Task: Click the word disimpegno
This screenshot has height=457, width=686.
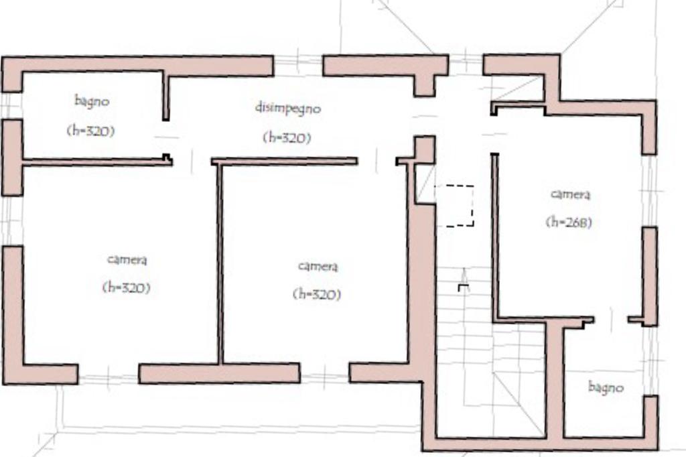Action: click(287, 108)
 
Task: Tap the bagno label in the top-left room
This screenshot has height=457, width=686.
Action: click(91, 101)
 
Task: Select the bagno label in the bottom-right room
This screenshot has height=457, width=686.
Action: click(606, 387)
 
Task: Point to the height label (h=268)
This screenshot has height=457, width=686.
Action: click(569, 222)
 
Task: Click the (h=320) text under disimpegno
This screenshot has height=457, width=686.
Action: click(287, 138)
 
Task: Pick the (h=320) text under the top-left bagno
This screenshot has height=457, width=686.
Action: click(90, 131)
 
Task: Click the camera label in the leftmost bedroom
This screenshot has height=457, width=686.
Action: click(127, 259)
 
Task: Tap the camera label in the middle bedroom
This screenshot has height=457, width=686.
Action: click(318, 266)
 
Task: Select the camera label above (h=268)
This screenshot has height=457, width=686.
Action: click(570, 194)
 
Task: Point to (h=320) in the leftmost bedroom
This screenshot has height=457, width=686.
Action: click(127, 287)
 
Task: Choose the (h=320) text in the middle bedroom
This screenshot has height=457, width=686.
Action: click(317, 294)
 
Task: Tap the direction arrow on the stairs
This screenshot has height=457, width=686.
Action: click(464, 280)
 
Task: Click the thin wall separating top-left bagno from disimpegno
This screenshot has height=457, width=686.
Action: click(166, 95)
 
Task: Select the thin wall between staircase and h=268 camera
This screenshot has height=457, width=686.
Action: click(495, 238)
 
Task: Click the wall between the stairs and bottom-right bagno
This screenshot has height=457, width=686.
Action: click(555, 380)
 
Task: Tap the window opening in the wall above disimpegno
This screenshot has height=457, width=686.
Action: click(298, 66)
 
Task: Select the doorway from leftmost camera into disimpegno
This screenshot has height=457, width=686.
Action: click(192, 161)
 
